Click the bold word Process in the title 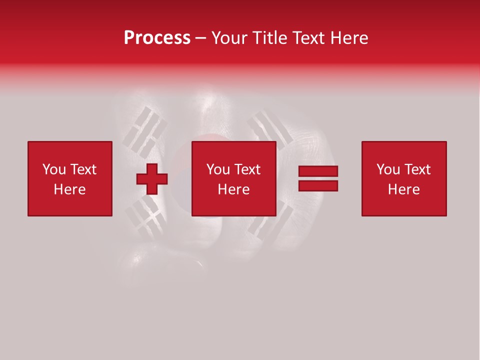[x=157, y=38]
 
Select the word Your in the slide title [x=227, y=38]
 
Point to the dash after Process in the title [x=200, y=38]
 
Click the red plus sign [x=152, y=179]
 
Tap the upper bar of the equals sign [x=318, y=171]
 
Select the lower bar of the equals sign [x=318, y=185]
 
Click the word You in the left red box [x=54, y=169]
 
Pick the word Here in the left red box [x=69, y=189]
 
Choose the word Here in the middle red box [x=233, y=189]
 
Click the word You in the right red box [x=388, y=169]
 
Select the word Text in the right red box [x=417, y=169]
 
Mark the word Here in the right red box [x=403, y=189]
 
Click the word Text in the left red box [x=83, y=169]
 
